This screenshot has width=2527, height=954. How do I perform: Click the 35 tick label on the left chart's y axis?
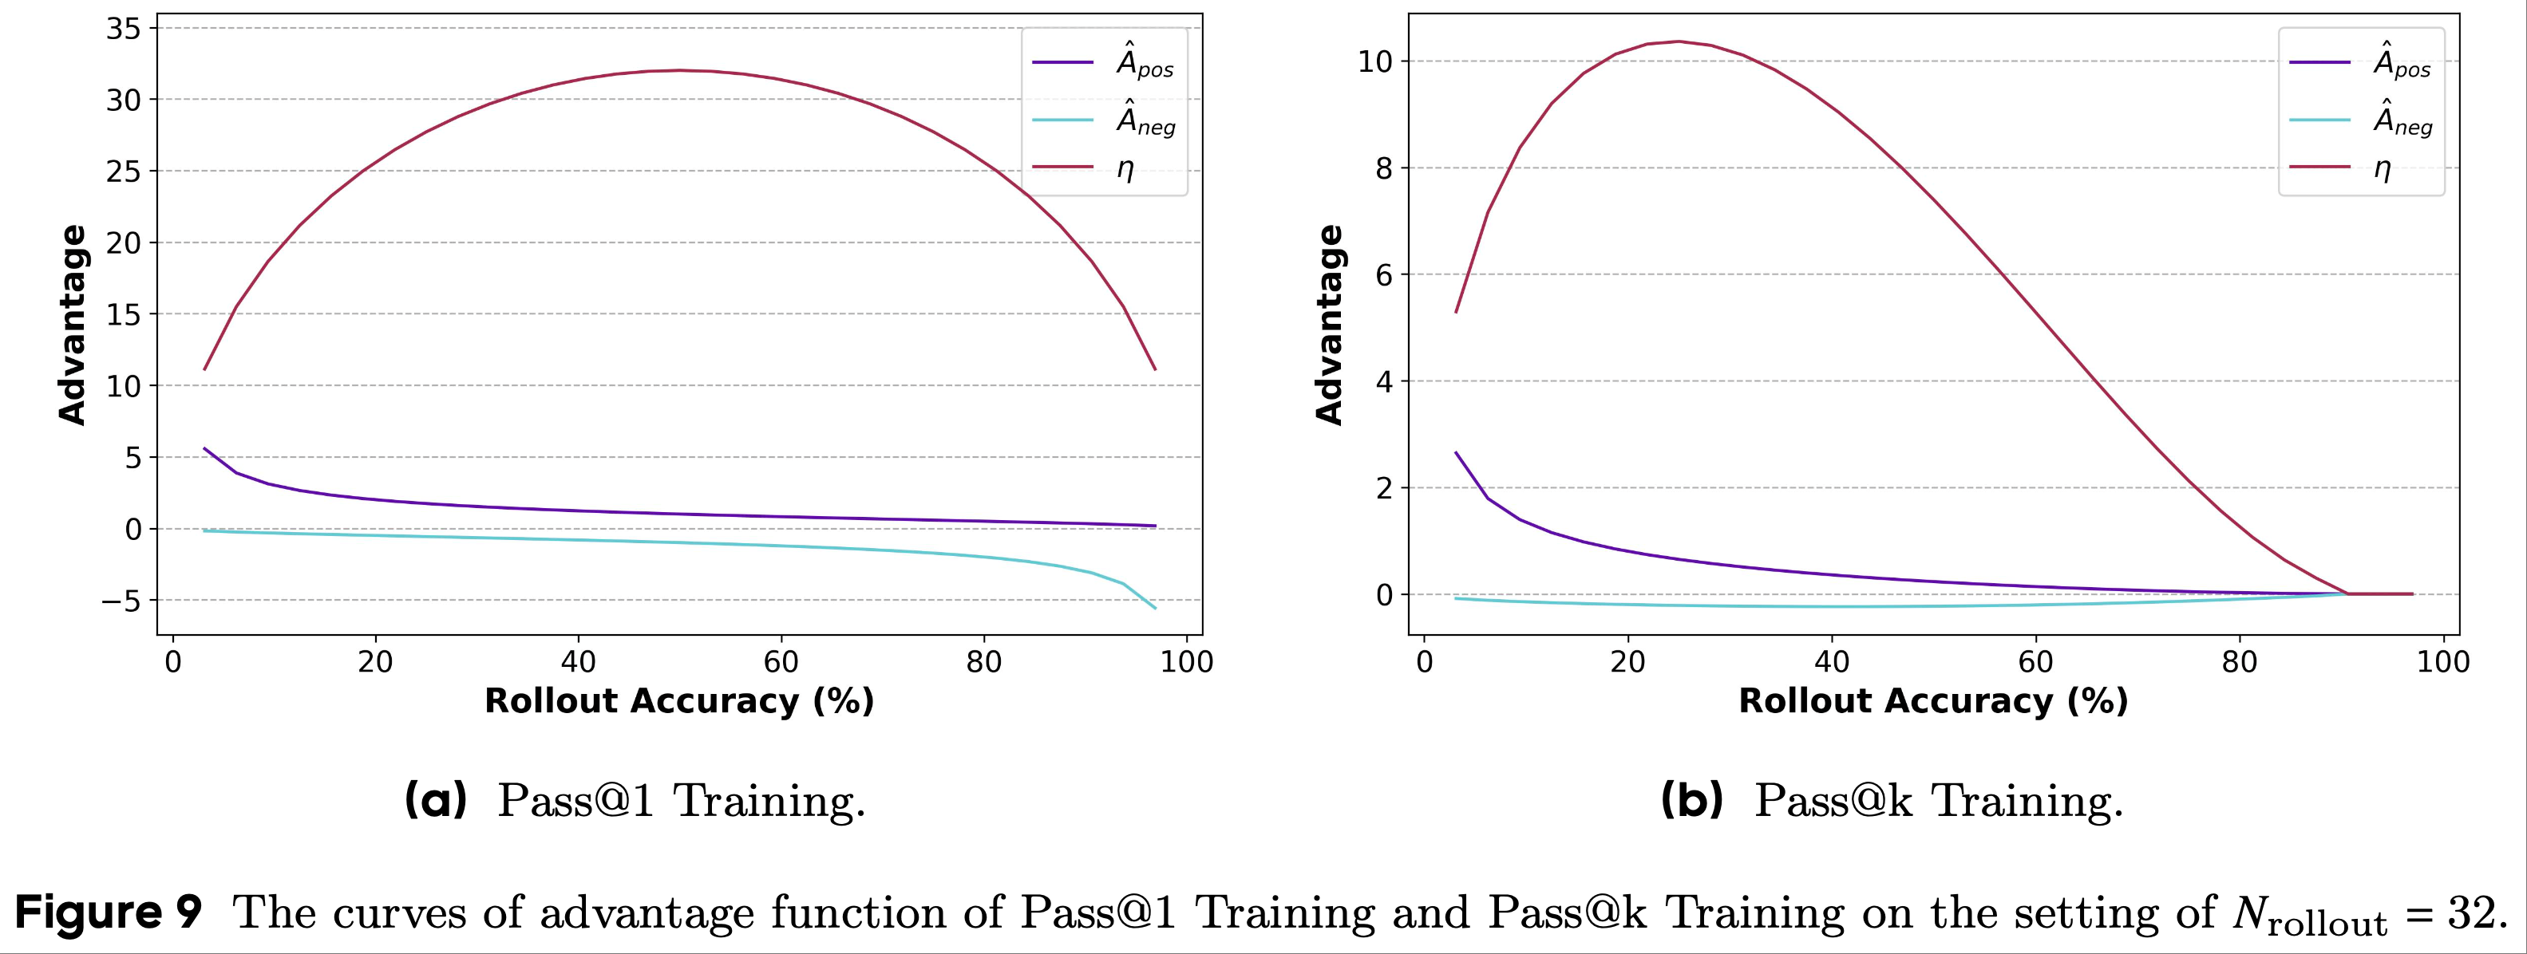[x=124, y=29]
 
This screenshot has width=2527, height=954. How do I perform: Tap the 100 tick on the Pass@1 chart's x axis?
[x=1186, y=662]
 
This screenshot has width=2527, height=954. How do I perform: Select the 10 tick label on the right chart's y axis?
[x=1375, y=61]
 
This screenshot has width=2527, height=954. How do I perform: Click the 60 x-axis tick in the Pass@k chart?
[x=2035, y=662]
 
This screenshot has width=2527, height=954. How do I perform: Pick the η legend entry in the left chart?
[x=1125, y=168]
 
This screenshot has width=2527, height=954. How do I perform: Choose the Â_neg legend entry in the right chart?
[x=2402, y=120]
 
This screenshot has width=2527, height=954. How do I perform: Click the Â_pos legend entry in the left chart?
[x=1145, y=61]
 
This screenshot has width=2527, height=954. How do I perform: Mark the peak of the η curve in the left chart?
[x=678, y=69]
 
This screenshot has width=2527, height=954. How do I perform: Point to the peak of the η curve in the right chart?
[x=1679, y=41]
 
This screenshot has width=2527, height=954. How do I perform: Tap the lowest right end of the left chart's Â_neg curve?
[x=1155, y=608]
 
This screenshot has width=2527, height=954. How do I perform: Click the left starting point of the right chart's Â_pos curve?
[x=1456, y=453]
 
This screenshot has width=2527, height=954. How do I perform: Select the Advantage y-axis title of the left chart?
[x=73, y=325]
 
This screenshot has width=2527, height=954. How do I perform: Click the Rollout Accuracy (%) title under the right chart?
[x=1932, y=701]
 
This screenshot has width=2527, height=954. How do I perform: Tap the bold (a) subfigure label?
[x=436, y=800]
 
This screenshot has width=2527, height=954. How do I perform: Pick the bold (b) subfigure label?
[x=1691, y=800]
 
